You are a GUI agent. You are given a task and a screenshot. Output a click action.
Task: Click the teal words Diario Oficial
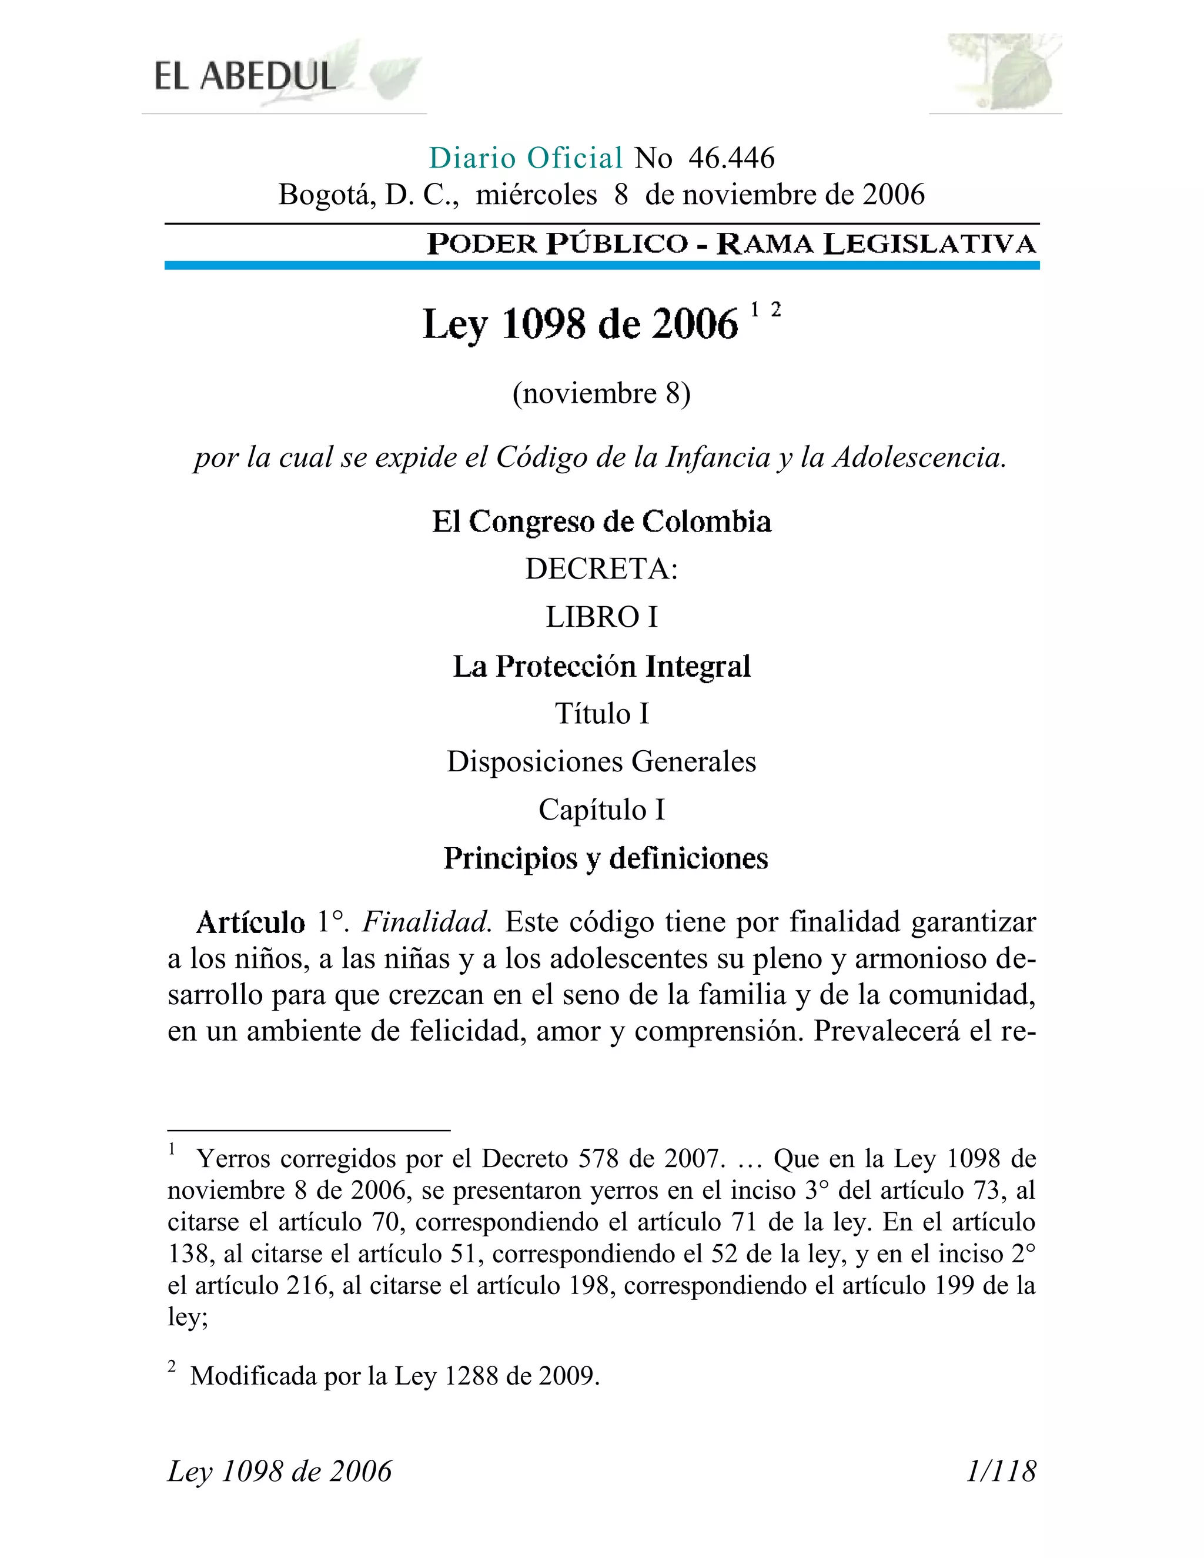coord(526,158)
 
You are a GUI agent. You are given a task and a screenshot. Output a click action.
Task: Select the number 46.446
coord(731,158)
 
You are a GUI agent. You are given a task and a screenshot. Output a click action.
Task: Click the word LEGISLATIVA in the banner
coord(929,244)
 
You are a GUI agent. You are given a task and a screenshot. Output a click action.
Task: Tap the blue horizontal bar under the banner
coord(601,265)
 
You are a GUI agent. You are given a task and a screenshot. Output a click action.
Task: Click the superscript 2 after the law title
coord(776,310)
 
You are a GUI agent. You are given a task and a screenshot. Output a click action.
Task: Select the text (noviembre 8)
coord(601,393)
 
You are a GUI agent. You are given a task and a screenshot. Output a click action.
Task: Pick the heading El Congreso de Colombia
coord(601,521)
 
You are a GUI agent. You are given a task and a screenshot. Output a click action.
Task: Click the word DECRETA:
coord(601,569)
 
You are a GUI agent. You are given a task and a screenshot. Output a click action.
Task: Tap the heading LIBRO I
coord(601,617)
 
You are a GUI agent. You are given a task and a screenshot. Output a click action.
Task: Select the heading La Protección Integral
coord(601,666)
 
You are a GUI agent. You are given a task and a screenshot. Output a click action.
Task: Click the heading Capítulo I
coord(601,810)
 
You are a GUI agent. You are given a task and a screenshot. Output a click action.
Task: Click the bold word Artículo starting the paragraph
coord(250,922)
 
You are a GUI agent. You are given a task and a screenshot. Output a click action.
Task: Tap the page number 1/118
coord(1000,1471)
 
